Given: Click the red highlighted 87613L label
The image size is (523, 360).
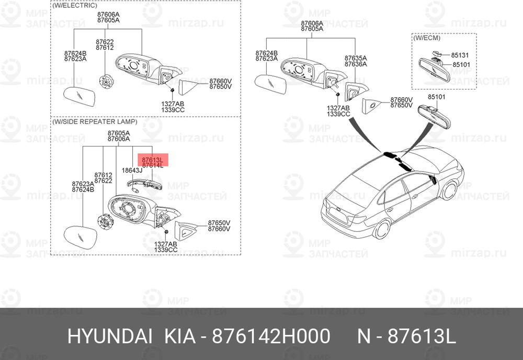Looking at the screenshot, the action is [x=152, y=160].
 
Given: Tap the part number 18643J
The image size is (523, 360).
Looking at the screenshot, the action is [x=132, y=171].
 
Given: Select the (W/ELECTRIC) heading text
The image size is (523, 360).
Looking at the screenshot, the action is [x=74, y=5].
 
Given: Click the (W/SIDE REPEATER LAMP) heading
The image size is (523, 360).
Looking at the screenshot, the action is [x=94, y=122].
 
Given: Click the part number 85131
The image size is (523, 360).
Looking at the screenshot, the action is [x=460, y=55].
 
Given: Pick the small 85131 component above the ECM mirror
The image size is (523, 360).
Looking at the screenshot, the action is [x=436, y=53].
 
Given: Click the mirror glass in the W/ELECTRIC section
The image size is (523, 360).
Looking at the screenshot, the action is [x=79, y=96].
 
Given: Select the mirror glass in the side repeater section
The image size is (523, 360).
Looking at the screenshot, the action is [x=80, y=237].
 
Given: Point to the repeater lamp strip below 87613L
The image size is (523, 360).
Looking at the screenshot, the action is [x=145, y=184].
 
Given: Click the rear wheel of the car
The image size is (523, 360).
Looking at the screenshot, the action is [x=382, y=230].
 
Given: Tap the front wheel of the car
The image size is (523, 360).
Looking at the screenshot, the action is [x=449, y=190].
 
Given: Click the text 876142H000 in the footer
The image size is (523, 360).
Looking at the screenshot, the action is [x=271, y=336].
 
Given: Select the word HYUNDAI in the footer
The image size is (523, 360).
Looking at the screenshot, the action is [x=110, y=336].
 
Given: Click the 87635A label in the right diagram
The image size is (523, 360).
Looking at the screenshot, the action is [x=356, y=58].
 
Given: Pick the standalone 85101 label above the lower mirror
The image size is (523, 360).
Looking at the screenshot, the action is [x=437, y=97].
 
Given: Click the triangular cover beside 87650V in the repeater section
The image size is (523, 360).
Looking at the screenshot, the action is [x=185, y=230].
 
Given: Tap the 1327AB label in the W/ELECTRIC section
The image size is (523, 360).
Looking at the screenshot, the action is [x=173, y=104].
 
